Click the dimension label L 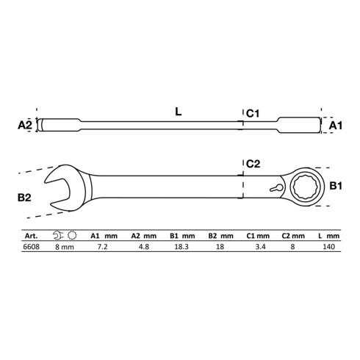179,112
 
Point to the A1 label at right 336,126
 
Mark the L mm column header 329,237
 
